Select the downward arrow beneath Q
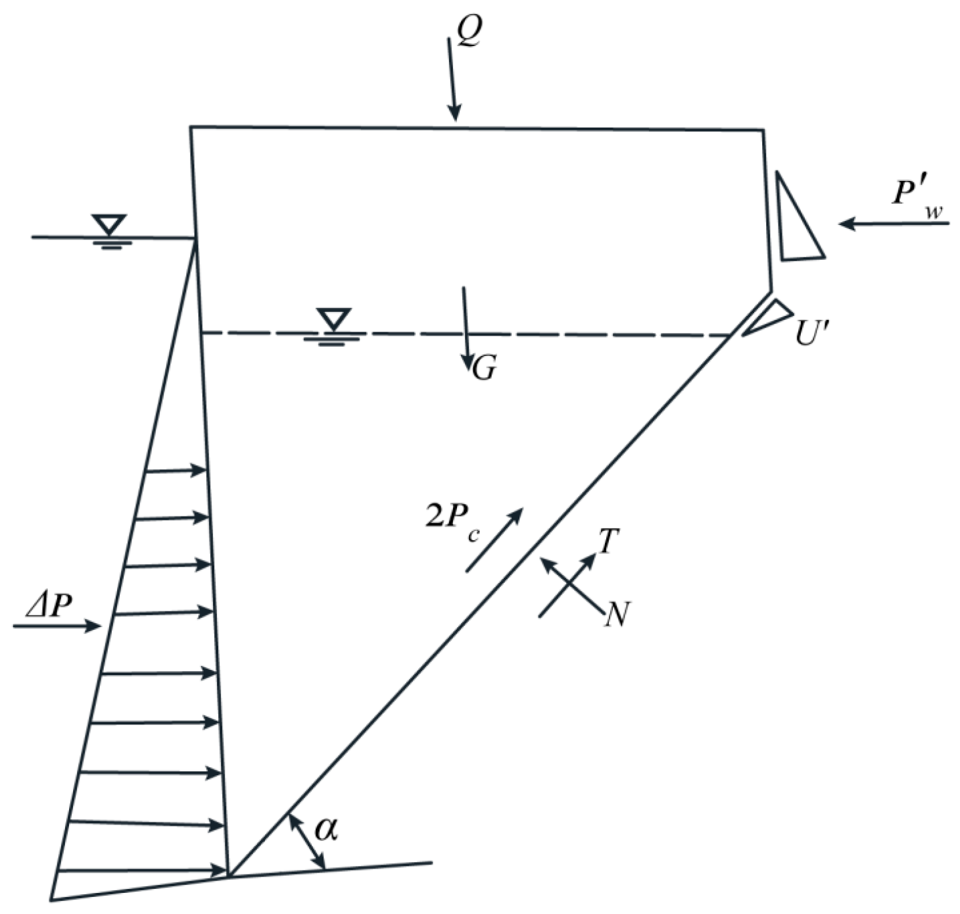point(452,79)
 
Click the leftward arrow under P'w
point(894,224)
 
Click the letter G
point(484,370)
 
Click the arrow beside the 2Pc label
point(493,540)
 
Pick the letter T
point(608,542)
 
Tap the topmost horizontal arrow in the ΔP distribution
point(176,470)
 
